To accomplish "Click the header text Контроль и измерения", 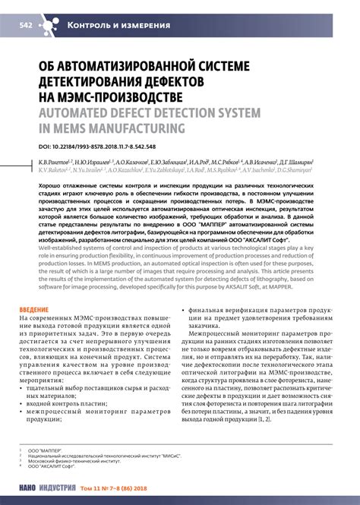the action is tap(118, 25).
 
